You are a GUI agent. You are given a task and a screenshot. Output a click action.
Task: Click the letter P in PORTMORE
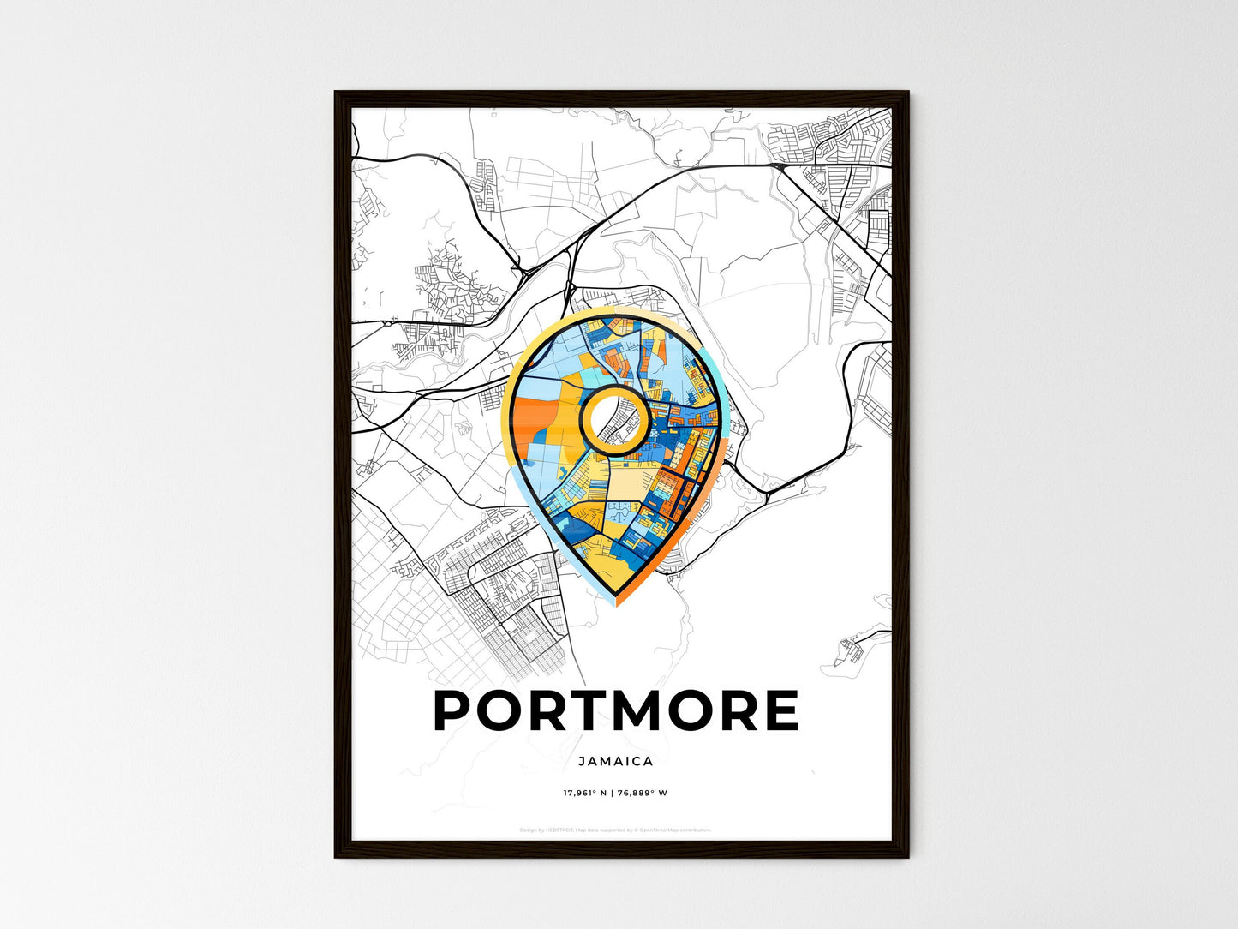[x=456, y=710]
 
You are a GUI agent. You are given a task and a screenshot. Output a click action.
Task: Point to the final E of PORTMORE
[x=780, y=710]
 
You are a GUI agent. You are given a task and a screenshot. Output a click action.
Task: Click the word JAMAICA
[x=615, y=761]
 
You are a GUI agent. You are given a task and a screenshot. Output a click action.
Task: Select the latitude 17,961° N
[x=585, y=793]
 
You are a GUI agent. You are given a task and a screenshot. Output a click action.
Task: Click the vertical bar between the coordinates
[x=613, y=793]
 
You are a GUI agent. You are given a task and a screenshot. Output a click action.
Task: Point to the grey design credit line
[x=615, y=830]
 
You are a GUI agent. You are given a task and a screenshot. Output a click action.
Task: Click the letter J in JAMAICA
[x=581, y=761]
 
